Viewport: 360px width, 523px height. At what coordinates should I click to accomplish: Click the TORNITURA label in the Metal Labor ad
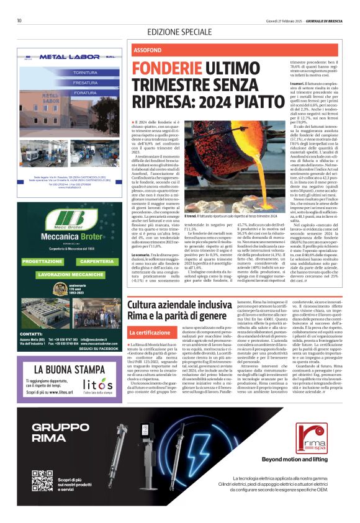[85, 73]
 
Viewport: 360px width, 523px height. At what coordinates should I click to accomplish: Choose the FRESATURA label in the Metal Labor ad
[85, 83]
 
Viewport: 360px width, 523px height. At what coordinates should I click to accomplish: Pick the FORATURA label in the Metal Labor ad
[85, 92]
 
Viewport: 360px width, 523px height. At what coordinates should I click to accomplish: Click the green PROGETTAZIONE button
[42, 262]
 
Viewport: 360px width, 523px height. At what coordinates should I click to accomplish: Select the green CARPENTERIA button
[96, 262]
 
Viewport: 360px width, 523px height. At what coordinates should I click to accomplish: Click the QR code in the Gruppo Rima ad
[42, 481]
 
